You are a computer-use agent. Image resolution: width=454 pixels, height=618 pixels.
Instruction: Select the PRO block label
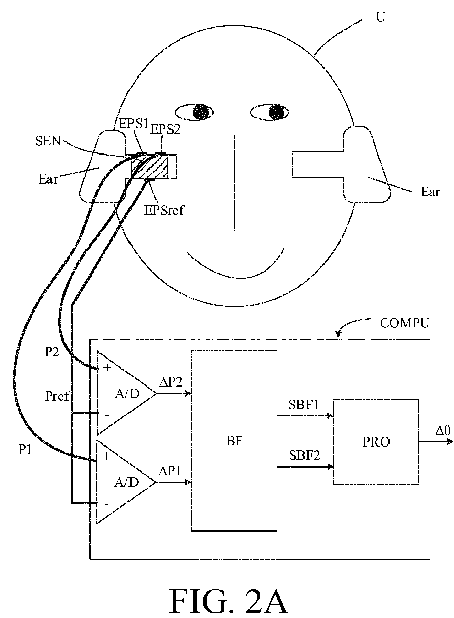[x=376, y=442]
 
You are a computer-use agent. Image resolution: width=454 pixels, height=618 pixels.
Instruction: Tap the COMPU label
[x=405, y=323]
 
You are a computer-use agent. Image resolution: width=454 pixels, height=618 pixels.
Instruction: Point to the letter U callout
[x=381, y=17]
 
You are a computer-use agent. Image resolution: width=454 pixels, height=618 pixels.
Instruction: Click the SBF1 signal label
[x=304, y=405]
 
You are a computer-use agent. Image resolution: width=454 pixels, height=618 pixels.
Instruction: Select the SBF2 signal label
[x=304, y=455]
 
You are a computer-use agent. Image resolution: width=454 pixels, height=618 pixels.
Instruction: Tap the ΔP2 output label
[x=171, y=382]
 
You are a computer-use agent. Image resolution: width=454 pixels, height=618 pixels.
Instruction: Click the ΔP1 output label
[x=170, y=471]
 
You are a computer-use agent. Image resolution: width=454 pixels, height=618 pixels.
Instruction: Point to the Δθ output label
[x=443, y=430]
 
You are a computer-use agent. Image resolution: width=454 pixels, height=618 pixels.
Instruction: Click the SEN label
[x=48, y=141]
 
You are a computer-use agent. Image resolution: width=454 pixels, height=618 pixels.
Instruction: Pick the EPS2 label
[x=165, y=129]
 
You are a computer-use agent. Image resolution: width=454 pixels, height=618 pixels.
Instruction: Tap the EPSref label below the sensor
[x=164, y=210]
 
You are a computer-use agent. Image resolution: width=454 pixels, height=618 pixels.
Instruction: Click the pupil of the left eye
[x=202, y=112]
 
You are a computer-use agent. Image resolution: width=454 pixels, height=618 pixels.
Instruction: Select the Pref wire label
[x=56, y=396]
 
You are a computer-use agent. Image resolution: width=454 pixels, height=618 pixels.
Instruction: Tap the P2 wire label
[x=52, y=351]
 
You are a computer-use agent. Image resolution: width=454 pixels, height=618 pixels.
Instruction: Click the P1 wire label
[x=25, y=449]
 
